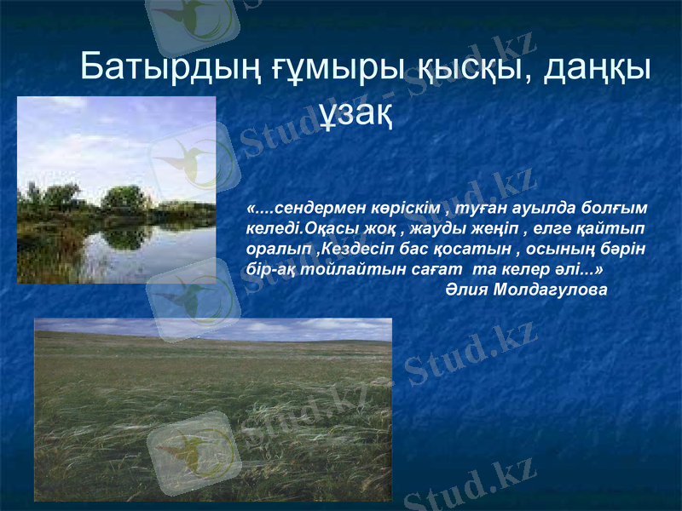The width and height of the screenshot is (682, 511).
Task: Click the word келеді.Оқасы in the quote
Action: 297,228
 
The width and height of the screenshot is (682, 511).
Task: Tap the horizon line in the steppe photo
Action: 213,342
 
